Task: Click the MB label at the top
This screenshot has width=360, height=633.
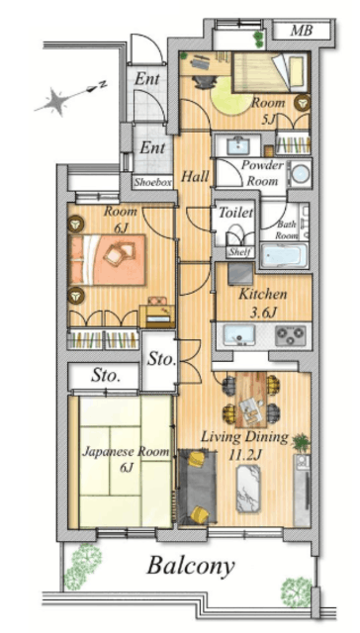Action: coord(301,31)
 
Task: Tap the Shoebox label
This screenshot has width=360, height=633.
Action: coord(153,182)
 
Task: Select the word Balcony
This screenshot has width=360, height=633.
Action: coord(191,566)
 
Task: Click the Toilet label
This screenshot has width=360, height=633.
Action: coord(235,213)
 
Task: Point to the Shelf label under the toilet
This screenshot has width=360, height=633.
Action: coord(240,253)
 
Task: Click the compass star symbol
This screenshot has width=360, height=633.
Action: coord(51,101)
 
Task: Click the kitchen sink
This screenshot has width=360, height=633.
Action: coord(239,334)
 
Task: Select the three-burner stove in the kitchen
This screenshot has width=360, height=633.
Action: coord(290,335)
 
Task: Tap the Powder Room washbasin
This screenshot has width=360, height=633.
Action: coord(240,145)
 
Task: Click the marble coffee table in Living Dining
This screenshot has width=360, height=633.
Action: coord(248,489)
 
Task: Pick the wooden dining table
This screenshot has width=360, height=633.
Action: coord(250,400)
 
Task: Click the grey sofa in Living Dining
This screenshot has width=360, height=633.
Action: coord(197,486)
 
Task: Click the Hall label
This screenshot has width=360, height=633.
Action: coord(195,176)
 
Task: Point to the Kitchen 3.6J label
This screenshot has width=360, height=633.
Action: coord(262,303)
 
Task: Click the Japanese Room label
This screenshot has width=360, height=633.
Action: coord(126,459)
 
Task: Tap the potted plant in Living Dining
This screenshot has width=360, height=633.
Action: coord(301,443)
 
